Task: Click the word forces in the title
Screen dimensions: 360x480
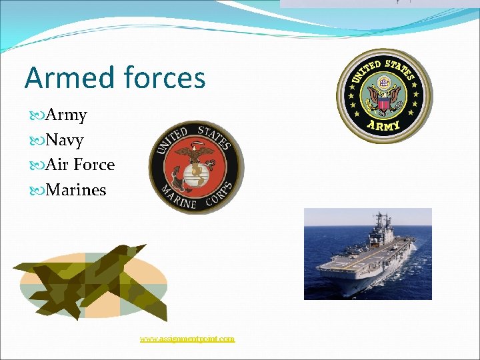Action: tap(164, 78)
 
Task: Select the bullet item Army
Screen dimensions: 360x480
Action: tap(66, 115)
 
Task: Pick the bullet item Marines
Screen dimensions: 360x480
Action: tap(75, 190)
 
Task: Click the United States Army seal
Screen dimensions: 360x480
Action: tap(383, 95)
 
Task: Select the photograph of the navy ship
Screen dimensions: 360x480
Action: tap(367, 253)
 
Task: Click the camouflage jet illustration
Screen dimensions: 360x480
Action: tap(90, 280)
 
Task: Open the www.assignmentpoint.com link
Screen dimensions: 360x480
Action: tap(187, 339)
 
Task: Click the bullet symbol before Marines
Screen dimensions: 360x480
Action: tap(37, 191)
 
